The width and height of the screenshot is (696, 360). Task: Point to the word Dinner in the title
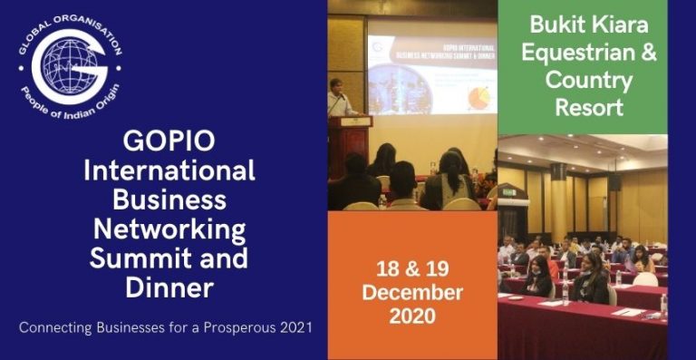pos(169,287)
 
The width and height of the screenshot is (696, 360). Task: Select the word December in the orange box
pos(412,292)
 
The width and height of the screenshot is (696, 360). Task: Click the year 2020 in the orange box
pos(412,316)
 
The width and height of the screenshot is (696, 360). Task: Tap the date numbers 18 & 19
pos(412,268)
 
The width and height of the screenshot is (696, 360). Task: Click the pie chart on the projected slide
pos(478,96)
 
